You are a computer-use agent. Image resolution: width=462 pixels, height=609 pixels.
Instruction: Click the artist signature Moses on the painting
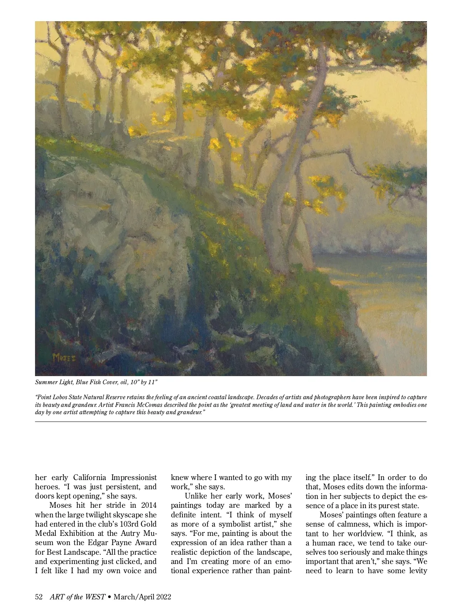[x=64, y=357]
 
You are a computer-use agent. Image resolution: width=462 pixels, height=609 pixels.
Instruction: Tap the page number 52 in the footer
[x=38, y=597]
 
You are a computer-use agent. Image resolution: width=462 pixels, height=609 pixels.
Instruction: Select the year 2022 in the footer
[x=162, y=597]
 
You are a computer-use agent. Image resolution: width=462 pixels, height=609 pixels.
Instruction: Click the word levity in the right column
[x=416, y=571]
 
